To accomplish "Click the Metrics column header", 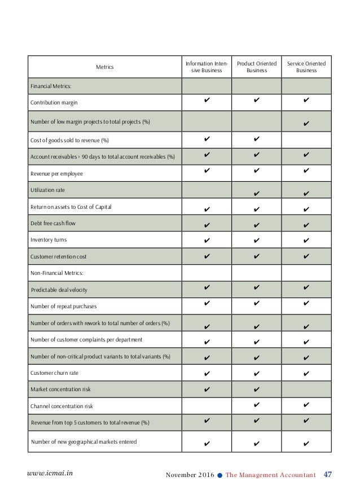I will coord(104,67).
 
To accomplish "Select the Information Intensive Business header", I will coord(207,67).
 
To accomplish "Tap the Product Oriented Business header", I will coord(257,67).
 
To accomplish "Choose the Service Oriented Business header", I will coord(306,67).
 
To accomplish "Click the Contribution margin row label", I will coord(54,103).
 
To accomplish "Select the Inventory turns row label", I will coord(50,240).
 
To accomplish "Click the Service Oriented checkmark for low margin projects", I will coord(306,123).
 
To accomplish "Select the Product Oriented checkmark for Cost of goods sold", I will coord(257,138).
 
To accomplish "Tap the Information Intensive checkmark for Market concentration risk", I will coord(207,388).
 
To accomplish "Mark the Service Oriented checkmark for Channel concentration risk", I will coord(306,405).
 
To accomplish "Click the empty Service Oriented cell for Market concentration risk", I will coord(306,389).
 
